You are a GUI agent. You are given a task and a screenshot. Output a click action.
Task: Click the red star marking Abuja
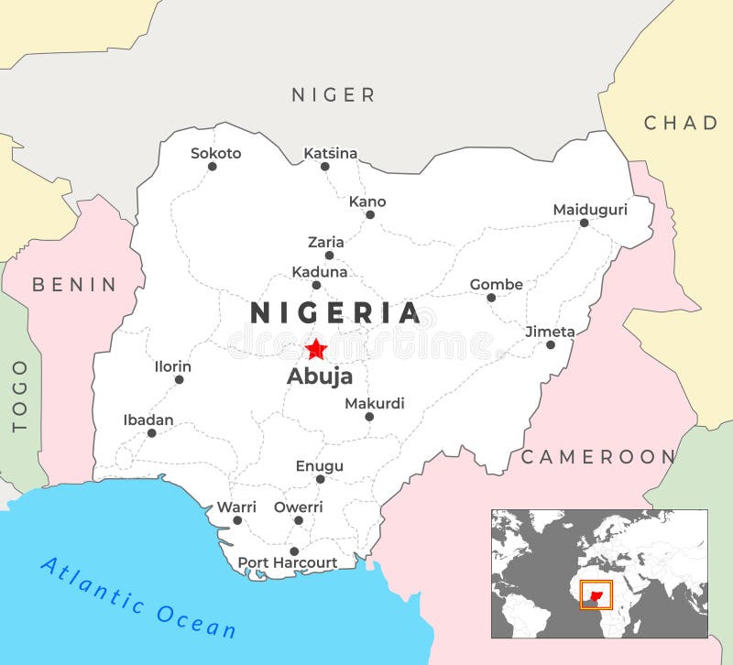[316, 349]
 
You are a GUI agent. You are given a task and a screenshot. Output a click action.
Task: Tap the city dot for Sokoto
[212, 167]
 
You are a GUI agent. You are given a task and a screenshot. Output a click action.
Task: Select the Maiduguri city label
[590, 210]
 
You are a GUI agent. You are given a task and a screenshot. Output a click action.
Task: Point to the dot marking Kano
[370, 215]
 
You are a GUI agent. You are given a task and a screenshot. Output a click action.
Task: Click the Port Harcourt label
[288, 562]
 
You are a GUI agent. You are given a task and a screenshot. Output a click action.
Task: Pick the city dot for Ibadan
[151, 433]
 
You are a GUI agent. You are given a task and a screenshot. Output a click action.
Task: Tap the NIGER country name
[334, 94]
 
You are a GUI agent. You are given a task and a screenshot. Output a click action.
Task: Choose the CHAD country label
[681, 123]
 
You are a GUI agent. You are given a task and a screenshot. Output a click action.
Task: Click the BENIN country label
[75, 285]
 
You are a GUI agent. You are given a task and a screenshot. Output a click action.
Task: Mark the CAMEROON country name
[598, 456]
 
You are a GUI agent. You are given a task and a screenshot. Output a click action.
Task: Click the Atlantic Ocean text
[138, 597]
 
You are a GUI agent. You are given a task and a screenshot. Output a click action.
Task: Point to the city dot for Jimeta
[551, 345]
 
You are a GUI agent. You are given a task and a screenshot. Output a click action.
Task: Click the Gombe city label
[497, 285]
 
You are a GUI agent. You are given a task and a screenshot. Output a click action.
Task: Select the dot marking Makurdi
[369, 417]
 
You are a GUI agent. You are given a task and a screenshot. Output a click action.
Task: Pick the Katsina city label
[331, 154]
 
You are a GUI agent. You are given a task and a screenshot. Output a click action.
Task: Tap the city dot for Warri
[237, 520]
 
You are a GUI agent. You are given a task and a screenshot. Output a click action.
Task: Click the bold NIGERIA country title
[335, 313]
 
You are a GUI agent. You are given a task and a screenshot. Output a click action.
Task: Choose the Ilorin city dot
[179, 379]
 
